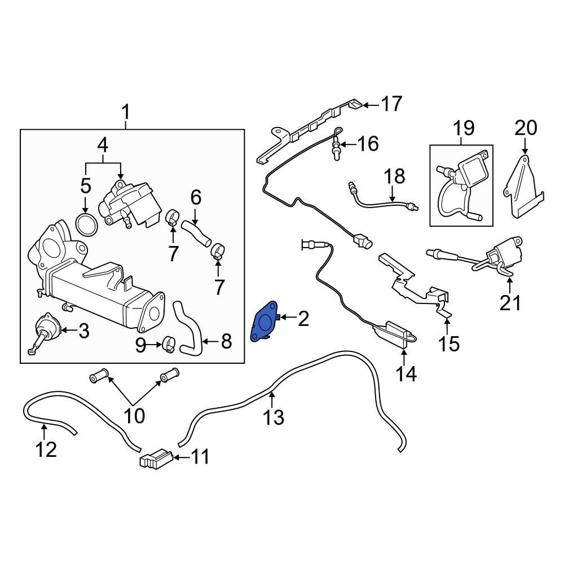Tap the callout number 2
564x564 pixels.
303,319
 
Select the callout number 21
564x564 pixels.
511,303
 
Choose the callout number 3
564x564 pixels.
83,332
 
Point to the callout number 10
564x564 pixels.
134,417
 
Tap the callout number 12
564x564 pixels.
46,450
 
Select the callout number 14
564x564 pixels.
406,373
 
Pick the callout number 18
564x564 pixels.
395,177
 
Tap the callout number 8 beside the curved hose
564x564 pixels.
226,341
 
